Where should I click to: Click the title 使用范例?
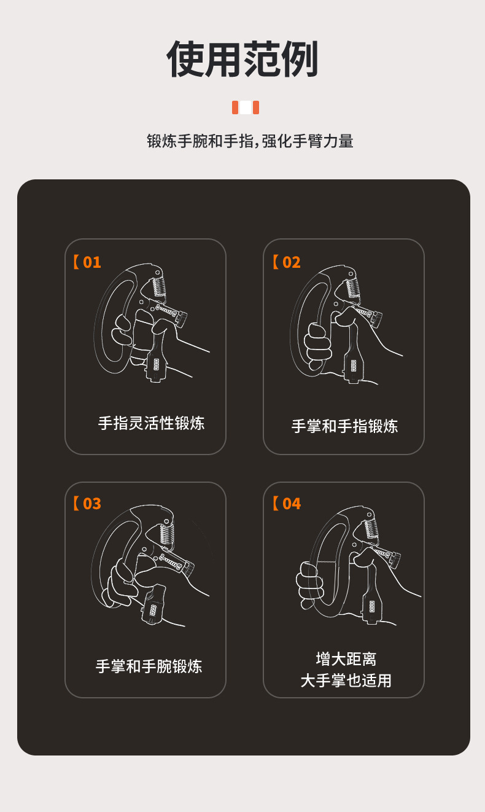(243, 60)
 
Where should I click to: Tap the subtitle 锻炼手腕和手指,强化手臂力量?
(250, 141)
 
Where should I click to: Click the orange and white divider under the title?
(245, 107)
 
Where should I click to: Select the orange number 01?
(91, 262)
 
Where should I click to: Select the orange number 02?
(291, 262)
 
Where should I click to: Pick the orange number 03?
(91, 504)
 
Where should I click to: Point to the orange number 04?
(291, 504)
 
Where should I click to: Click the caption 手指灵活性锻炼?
(151, 423)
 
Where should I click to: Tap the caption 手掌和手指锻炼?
(344, 426)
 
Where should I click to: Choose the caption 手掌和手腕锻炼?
(149, 666)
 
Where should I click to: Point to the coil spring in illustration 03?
(167, 531)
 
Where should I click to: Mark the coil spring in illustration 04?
(371, 529)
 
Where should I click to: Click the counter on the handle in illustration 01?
(155, 364)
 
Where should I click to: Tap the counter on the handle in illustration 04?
(371, 605)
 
